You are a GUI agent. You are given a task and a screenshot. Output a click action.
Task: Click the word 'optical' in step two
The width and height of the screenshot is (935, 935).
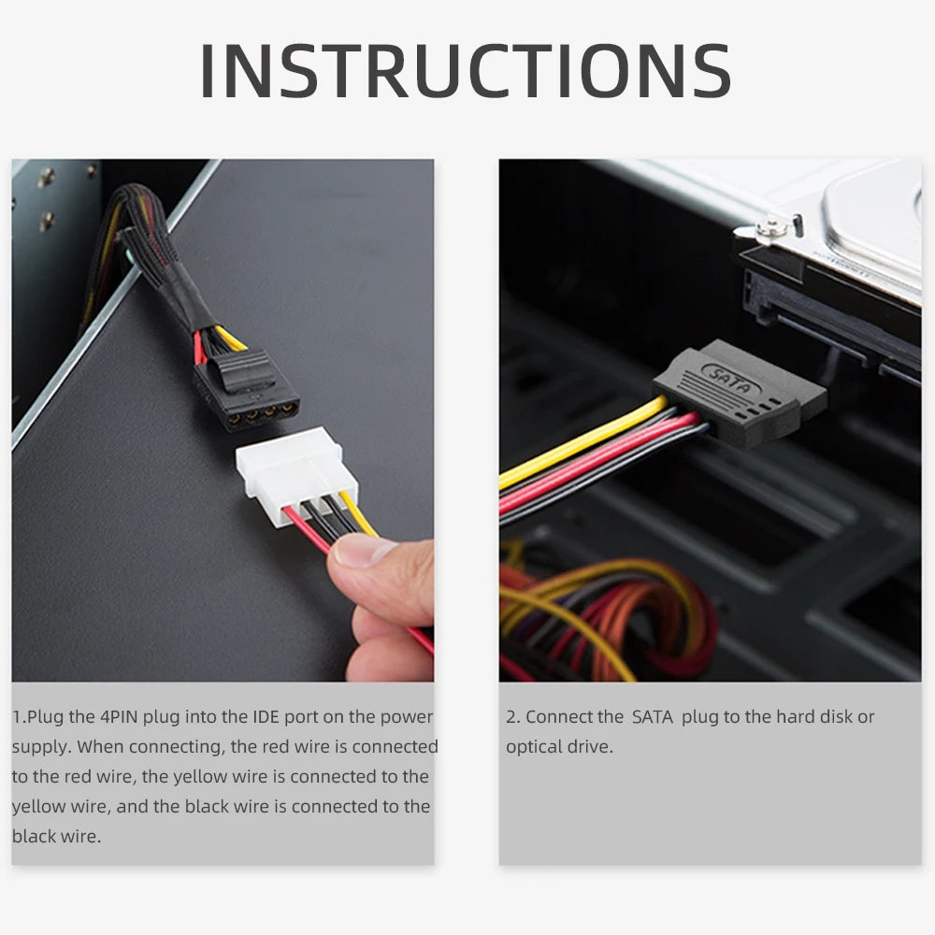tap(533, 747)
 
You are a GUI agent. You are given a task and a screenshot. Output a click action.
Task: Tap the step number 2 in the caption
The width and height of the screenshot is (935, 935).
tap(511, 717)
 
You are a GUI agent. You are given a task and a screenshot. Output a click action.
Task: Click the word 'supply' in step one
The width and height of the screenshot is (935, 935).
tap(39, 747)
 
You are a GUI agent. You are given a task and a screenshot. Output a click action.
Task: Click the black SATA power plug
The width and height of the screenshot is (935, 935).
tap(739, 393)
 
